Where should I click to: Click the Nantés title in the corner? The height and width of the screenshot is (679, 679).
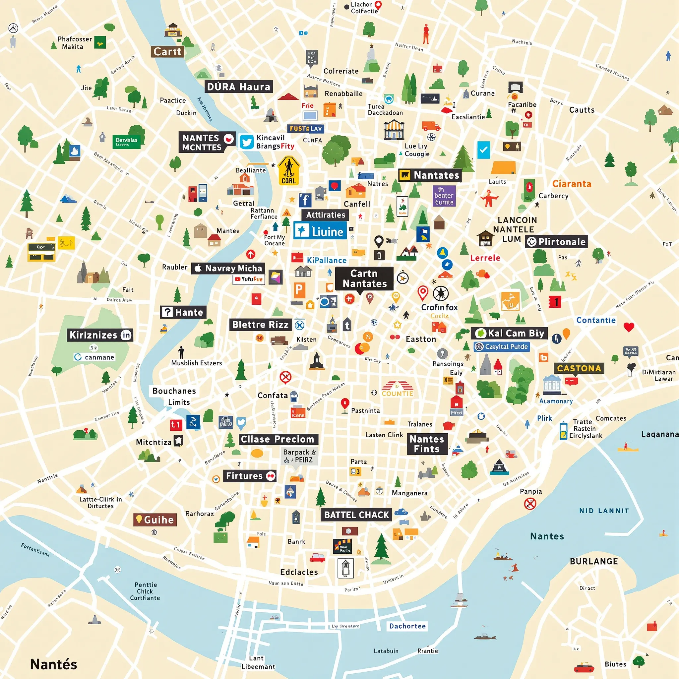53,664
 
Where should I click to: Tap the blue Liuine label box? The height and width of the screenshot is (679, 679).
320,231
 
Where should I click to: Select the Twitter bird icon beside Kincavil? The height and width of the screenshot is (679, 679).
247,142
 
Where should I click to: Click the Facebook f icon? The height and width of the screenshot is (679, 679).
305,200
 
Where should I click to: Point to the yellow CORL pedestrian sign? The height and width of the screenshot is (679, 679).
288,171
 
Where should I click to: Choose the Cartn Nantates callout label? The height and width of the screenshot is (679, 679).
364,278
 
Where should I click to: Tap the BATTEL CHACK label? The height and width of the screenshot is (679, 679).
356,515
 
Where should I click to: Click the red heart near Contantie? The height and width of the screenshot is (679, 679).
629,327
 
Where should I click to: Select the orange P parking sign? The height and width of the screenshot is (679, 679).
299,290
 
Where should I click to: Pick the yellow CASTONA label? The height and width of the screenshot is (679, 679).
579,368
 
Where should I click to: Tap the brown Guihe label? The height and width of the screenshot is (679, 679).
155,520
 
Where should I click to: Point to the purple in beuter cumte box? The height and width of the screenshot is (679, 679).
444,196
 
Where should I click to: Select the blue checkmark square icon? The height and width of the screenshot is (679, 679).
484,150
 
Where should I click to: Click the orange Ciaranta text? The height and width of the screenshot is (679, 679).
572,184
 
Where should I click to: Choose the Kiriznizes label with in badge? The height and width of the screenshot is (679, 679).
100,335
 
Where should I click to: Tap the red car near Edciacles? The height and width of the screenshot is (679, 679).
317,558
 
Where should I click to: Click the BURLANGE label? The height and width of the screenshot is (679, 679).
593,561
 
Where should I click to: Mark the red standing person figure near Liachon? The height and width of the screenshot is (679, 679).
426,34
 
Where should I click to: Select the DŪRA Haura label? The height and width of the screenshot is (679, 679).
239,87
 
